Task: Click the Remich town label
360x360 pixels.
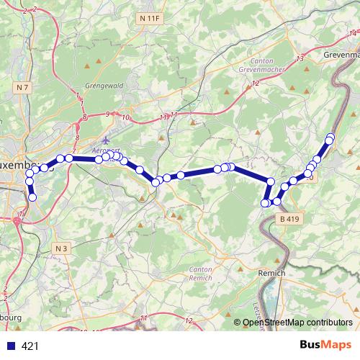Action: (271, 274)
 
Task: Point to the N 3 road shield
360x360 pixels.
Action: (62, 248)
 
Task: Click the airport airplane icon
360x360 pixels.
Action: (107, 140)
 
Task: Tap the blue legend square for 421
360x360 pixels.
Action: (10, 346)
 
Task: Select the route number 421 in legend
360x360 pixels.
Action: (31, 346)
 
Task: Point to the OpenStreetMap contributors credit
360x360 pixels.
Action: (297, 323)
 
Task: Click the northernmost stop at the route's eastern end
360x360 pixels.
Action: (330, 137)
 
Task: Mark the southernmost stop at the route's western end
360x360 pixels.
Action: (32, 197)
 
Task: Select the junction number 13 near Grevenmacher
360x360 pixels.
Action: (300, 58)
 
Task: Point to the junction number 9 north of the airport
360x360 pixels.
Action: (107, 114)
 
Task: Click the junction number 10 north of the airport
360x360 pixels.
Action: (126, 117)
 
